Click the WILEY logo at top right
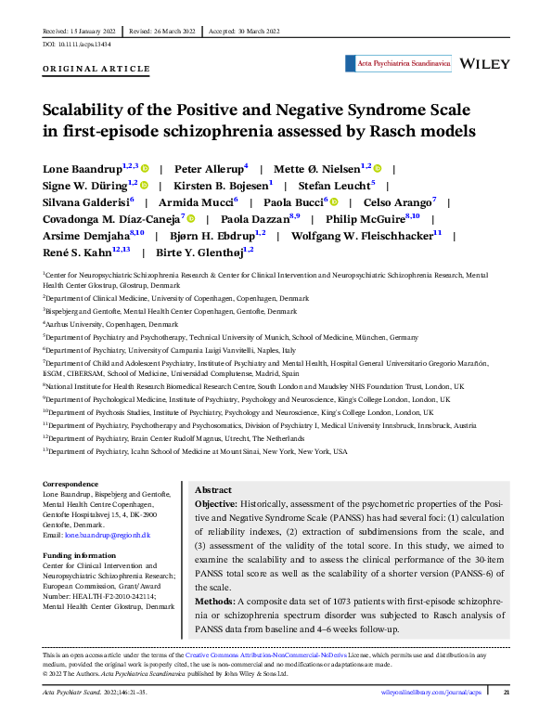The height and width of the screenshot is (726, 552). click(x=485, y=63)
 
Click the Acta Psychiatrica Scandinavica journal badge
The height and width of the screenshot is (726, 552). click(x=398, y=64)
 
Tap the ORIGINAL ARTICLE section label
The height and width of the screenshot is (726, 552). click(x=96, y=69)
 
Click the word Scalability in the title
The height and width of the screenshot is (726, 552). click(x=92, y=110)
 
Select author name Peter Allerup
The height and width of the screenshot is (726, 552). click(x=210, y=170)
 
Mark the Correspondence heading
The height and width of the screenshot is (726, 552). click(x=71, y=484)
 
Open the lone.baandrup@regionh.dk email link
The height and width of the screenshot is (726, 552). click(x=106, y=536)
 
